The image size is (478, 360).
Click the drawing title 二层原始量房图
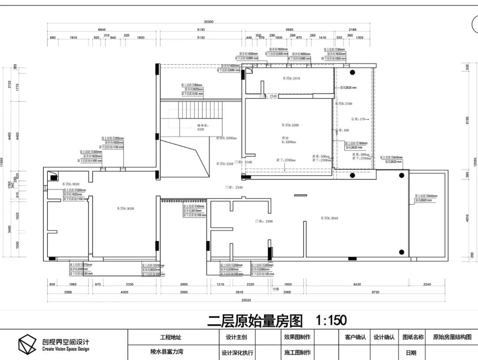[x=254, y=320]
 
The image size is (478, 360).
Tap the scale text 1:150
[x=331, y=320]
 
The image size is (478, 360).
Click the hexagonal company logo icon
[x=27, y=345]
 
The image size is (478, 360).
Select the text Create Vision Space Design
[x=66, y=349]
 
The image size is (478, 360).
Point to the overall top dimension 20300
[x=208, y=22]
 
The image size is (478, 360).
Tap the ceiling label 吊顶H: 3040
[x=329, y=218]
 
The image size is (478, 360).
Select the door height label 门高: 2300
[x=264, y=221]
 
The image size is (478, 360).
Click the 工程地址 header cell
[x=170, y=337]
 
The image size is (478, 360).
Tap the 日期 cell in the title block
[x=410, y=352]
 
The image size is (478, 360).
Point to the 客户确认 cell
[x=355, y=337]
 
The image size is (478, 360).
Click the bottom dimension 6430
[x=357, y=284]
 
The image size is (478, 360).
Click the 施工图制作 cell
[x=297, y=352]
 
